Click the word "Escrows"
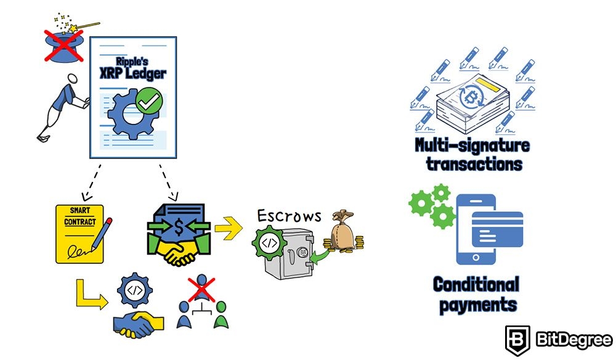click(x=290, y=216)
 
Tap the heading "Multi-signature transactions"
click(x=471, y=155)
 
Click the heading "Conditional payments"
click(x=475, y=294)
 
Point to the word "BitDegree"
click(x=572, y=339)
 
